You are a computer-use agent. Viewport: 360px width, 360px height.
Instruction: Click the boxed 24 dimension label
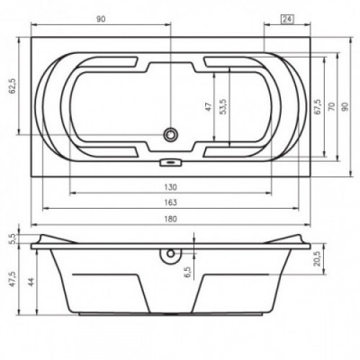coord(287,19)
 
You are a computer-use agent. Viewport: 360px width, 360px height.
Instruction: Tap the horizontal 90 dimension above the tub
coord(101,19)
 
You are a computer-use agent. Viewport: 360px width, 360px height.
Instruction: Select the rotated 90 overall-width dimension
coord(345,106)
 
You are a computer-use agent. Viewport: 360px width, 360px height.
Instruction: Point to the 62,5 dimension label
coord(13,85)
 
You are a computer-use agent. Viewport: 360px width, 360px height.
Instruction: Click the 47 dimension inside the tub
coord(209,107)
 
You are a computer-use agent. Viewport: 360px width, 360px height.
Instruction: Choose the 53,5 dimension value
coord(223,107)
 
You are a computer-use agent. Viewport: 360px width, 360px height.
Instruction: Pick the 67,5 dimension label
coord(318,107)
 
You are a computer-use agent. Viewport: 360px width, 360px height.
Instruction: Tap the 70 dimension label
coord(331,106)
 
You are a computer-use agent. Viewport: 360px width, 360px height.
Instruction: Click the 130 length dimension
coord(170,187)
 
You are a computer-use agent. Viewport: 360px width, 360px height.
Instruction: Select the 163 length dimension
coord(170,202)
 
